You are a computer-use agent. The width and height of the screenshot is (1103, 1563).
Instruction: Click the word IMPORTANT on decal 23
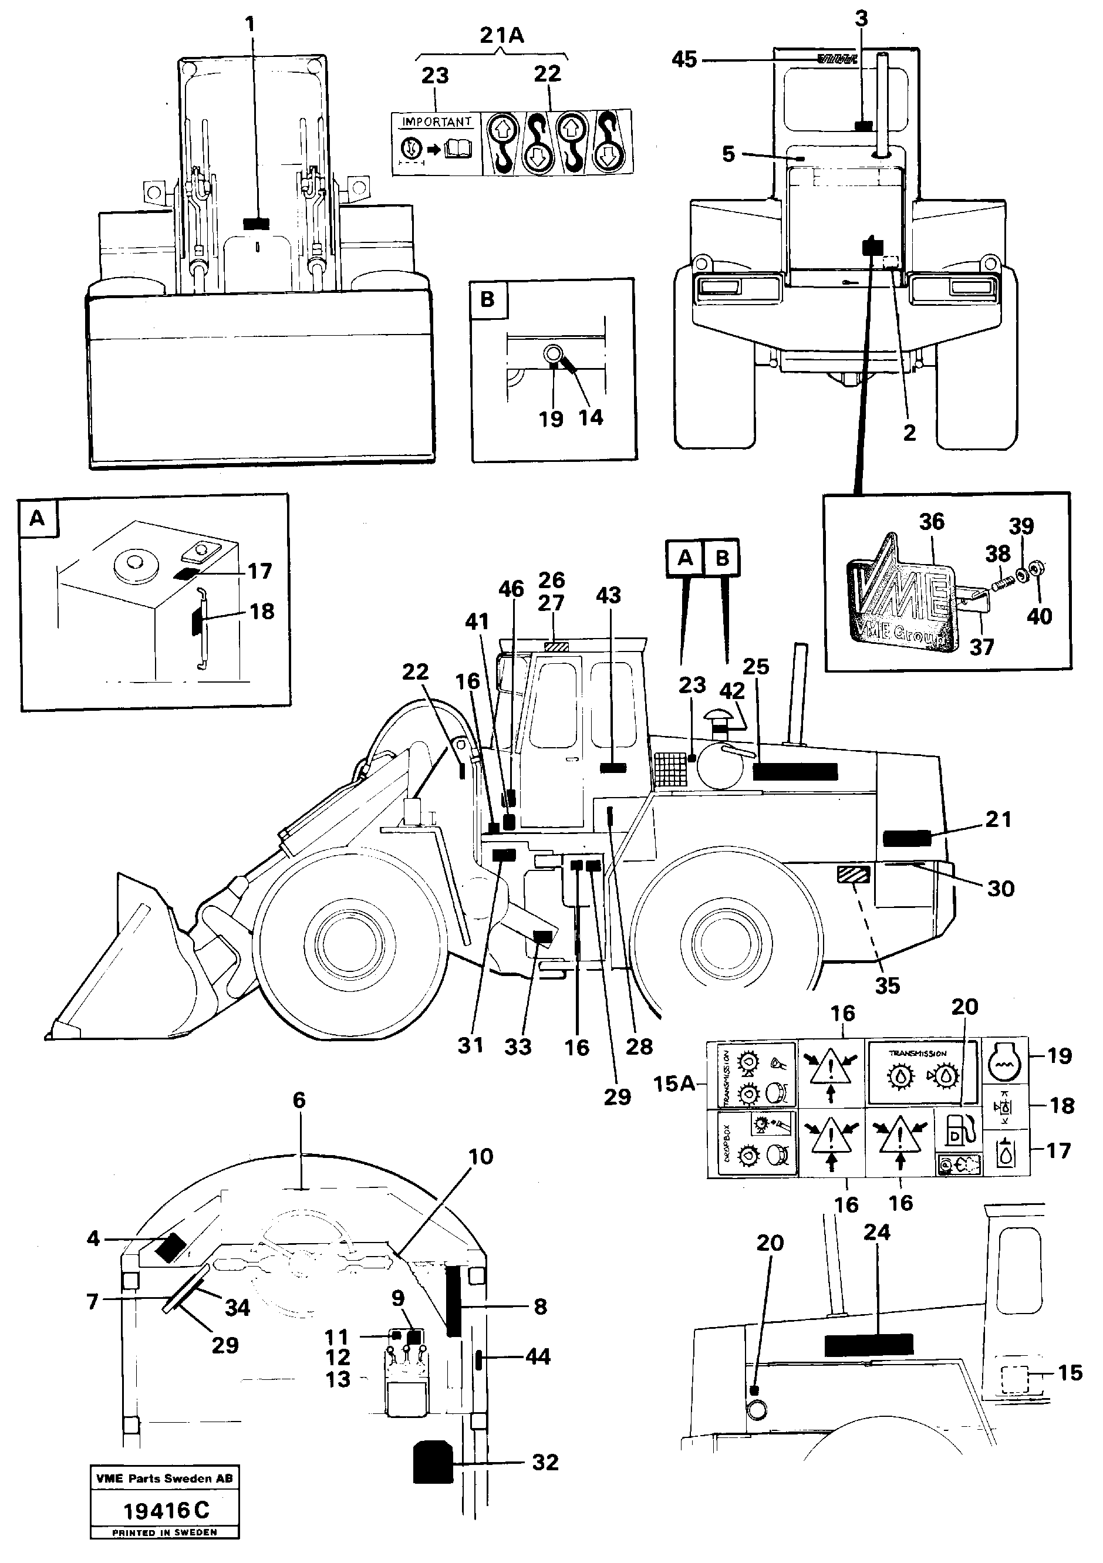(436, 123)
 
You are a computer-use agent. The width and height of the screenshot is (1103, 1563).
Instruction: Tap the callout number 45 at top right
(684, 60)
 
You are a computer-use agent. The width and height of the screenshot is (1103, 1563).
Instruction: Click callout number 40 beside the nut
(1039, 616)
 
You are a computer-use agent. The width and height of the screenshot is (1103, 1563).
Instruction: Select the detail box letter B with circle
(487, 299)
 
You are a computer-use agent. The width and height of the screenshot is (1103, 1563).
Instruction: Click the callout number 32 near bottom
(545, 1461)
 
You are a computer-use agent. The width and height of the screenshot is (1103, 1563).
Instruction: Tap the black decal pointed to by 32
(433, 1461)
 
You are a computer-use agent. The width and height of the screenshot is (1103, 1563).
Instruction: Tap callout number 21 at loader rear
(998, 819)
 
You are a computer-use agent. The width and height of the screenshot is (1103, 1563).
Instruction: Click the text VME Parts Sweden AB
(164, 1478)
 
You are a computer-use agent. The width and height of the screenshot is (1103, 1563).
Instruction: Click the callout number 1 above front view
(250, 25)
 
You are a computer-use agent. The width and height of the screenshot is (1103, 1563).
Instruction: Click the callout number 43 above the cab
(608, 595)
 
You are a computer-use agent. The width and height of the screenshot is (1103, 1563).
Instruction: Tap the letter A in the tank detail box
(38, 519)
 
